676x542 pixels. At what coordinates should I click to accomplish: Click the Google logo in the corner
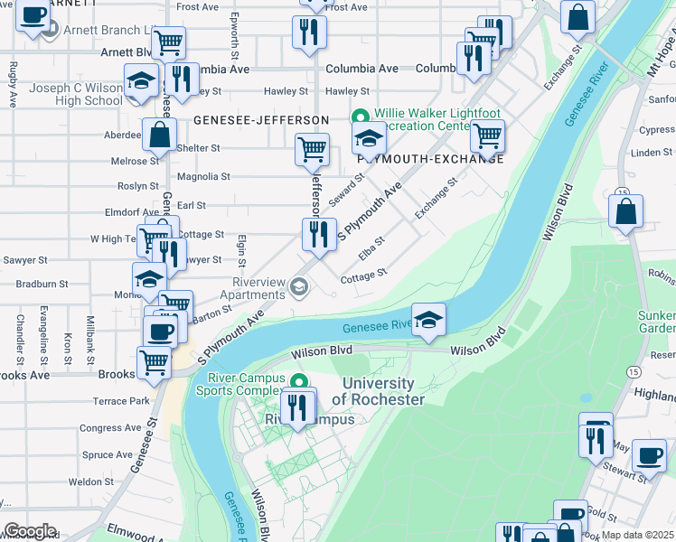(30, 531)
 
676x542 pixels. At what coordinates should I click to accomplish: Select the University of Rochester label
(378, 391)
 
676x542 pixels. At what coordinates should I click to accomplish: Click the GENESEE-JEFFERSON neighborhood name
(260, 119)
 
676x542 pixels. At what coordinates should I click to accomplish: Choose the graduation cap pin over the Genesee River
(428, 320)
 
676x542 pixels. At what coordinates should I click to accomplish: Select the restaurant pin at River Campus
(297, 406)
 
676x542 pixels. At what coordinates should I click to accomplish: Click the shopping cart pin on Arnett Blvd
(168, 42)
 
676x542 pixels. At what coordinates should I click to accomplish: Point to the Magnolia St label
(204, 177)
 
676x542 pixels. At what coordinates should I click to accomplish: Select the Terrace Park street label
(120, 400)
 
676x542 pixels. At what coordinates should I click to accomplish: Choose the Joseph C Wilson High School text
(76, 94)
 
